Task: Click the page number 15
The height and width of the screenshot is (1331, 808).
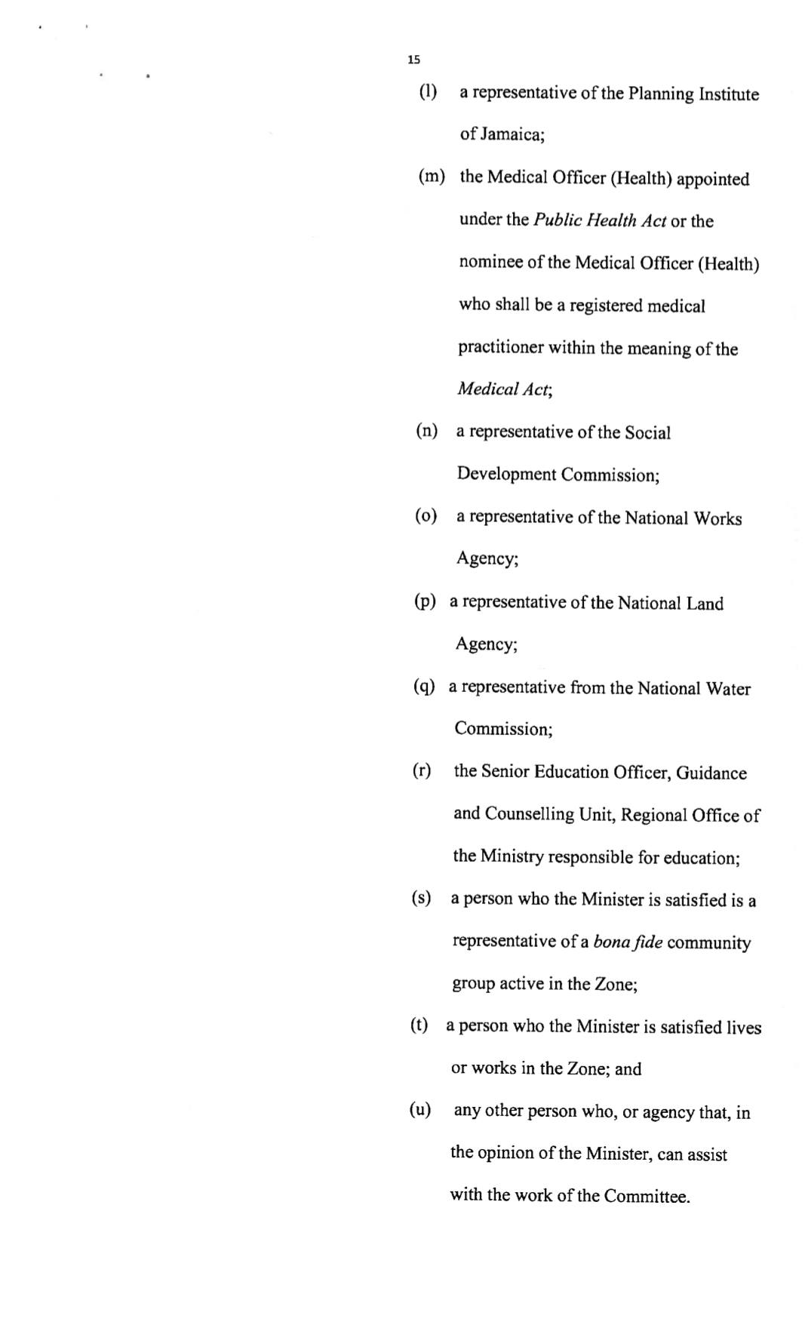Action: (413, 60)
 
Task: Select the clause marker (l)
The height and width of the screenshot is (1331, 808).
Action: (428, 92)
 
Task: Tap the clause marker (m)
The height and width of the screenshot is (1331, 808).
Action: (432, 177)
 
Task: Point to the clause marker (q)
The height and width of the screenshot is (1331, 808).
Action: (424, 687)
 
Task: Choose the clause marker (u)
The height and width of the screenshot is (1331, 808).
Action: (420, 1110)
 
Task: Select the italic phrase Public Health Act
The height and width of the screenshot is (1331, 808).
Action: (600, 220)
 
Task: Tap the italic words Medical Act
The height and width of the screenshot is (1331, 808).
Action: (504, 389)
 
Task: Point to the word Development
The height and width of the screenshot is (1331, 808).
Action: (506, 475)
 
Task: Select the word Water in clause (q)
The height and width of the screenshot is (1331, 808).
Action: (728, 689)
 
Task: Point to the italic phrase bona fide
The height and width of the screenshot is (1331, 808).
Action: (628, 942)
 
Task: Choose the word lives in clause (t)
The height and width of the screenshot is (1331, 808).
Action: (743, 1028)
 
